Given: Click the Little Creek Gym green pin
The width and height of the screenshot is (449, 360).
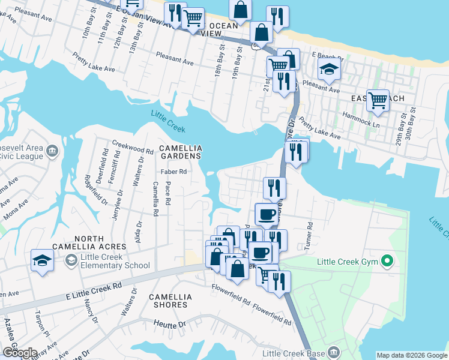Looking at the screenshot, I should pyautogui.click(x=387, y=261).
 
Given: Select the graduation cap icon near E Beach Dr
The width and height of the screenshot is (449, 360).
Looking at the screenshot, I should pyautogui.click(x=328, y=70).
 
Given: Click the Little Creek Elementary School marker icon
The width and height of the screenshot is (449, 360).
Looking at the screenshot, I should pyautogui.click(x=71, y=260).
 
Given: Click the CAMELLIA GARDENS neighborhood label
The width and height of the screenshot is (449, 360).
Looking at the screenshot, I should pyautogui.click(x=179, y=152).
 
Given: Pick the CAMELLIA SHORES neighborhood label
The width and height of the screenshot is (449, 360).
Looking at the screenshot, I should pyautogui.click(x=170, y=301).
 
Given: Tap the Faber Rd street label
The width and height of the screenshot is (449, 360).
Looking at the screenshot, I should pyautogui.click(x=175, y=172).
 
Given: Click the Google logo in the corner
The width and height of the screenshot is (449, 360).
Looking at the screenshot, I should pyautogui.click(x=20, y=352).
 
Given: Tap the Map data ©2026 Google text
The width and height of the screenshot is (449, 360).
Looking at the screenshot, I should pyautogui.click(x=411, y=355).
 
